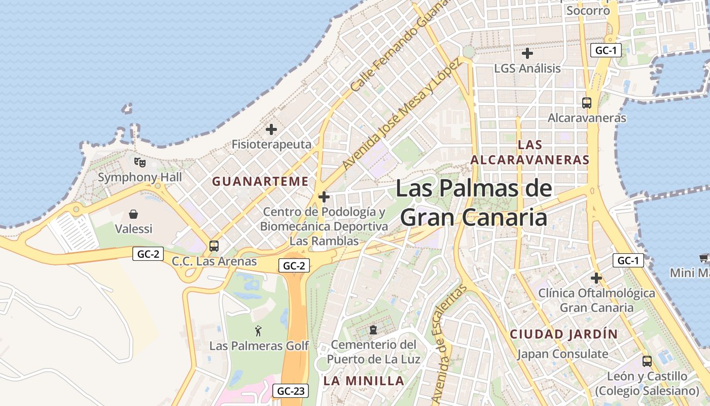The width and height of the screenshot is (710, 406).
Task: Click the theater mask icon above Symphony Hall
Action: coord(140,162)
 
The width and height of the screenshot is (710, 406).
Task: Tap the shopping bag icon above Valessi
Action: coord(133,214)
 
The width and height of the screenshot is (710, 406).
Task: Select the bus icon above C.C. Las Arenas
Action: coord(214,246)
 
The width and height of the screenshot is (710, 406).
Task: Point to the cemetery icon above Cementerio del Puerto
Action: coord(373,330)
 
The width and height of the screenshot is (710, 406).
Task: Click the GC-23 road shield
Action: coord(292,391)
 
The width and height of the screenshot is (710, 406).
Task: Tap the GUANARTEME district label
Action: coord(260,181)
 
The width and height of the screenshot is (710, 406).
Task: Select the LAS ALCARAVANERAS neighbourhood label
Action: coord(530,152)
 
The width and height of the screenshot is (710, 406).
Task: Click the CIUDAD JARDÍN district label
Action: coord(564,334)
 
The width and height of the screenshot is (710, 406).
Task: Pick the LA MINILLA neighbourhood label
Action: coord(364,381)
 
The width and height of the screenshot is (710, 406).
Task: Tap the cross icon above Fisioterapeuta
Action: coord(271,129)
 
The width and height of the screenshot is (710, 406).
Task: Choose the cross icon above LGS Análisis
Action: coord(527,53)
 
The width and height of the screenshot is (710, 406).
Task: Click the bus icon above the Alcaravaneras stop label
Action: coord(587,103)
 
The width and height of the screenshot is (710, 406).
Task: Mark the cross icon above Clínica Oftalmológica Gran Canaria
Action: coord(596,278)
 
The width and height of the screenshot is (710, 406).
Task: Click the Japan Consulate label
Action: coord(562,354)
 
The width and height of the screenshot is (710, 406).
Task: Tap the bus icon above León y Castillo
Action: coord(647,361)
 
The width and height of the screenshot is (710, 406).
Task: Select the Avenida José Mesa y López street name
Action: coord(401,114)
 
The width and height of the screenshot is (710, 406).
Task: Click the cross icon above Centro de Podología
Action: coord(324,197)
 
